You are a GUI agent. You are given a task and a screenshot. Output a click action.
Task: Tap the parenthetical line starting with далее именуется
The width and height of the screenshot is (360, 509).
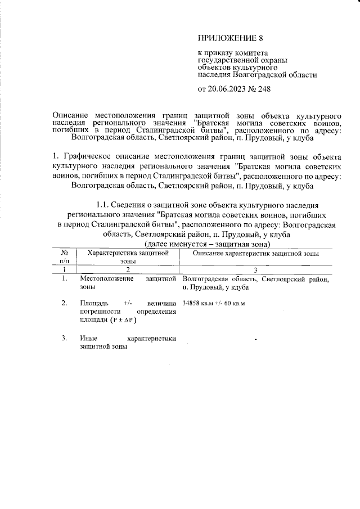tap(208, 244)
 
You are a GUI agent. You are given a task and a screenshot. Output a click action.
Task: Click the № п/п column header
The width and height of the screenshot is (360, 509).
tap(65, 257)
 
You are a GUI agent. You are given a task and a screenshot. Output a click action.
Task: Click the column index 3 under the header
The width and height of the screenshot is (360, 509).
tap(256, 271)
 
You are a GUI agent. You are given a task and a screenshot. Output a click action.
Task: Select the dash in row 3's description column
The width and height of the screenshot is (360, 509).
tap(256, 340)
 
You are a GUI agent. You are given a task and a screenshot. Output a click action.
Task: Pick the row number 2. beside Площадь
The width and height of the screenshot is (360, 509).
tap(65, 303)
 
